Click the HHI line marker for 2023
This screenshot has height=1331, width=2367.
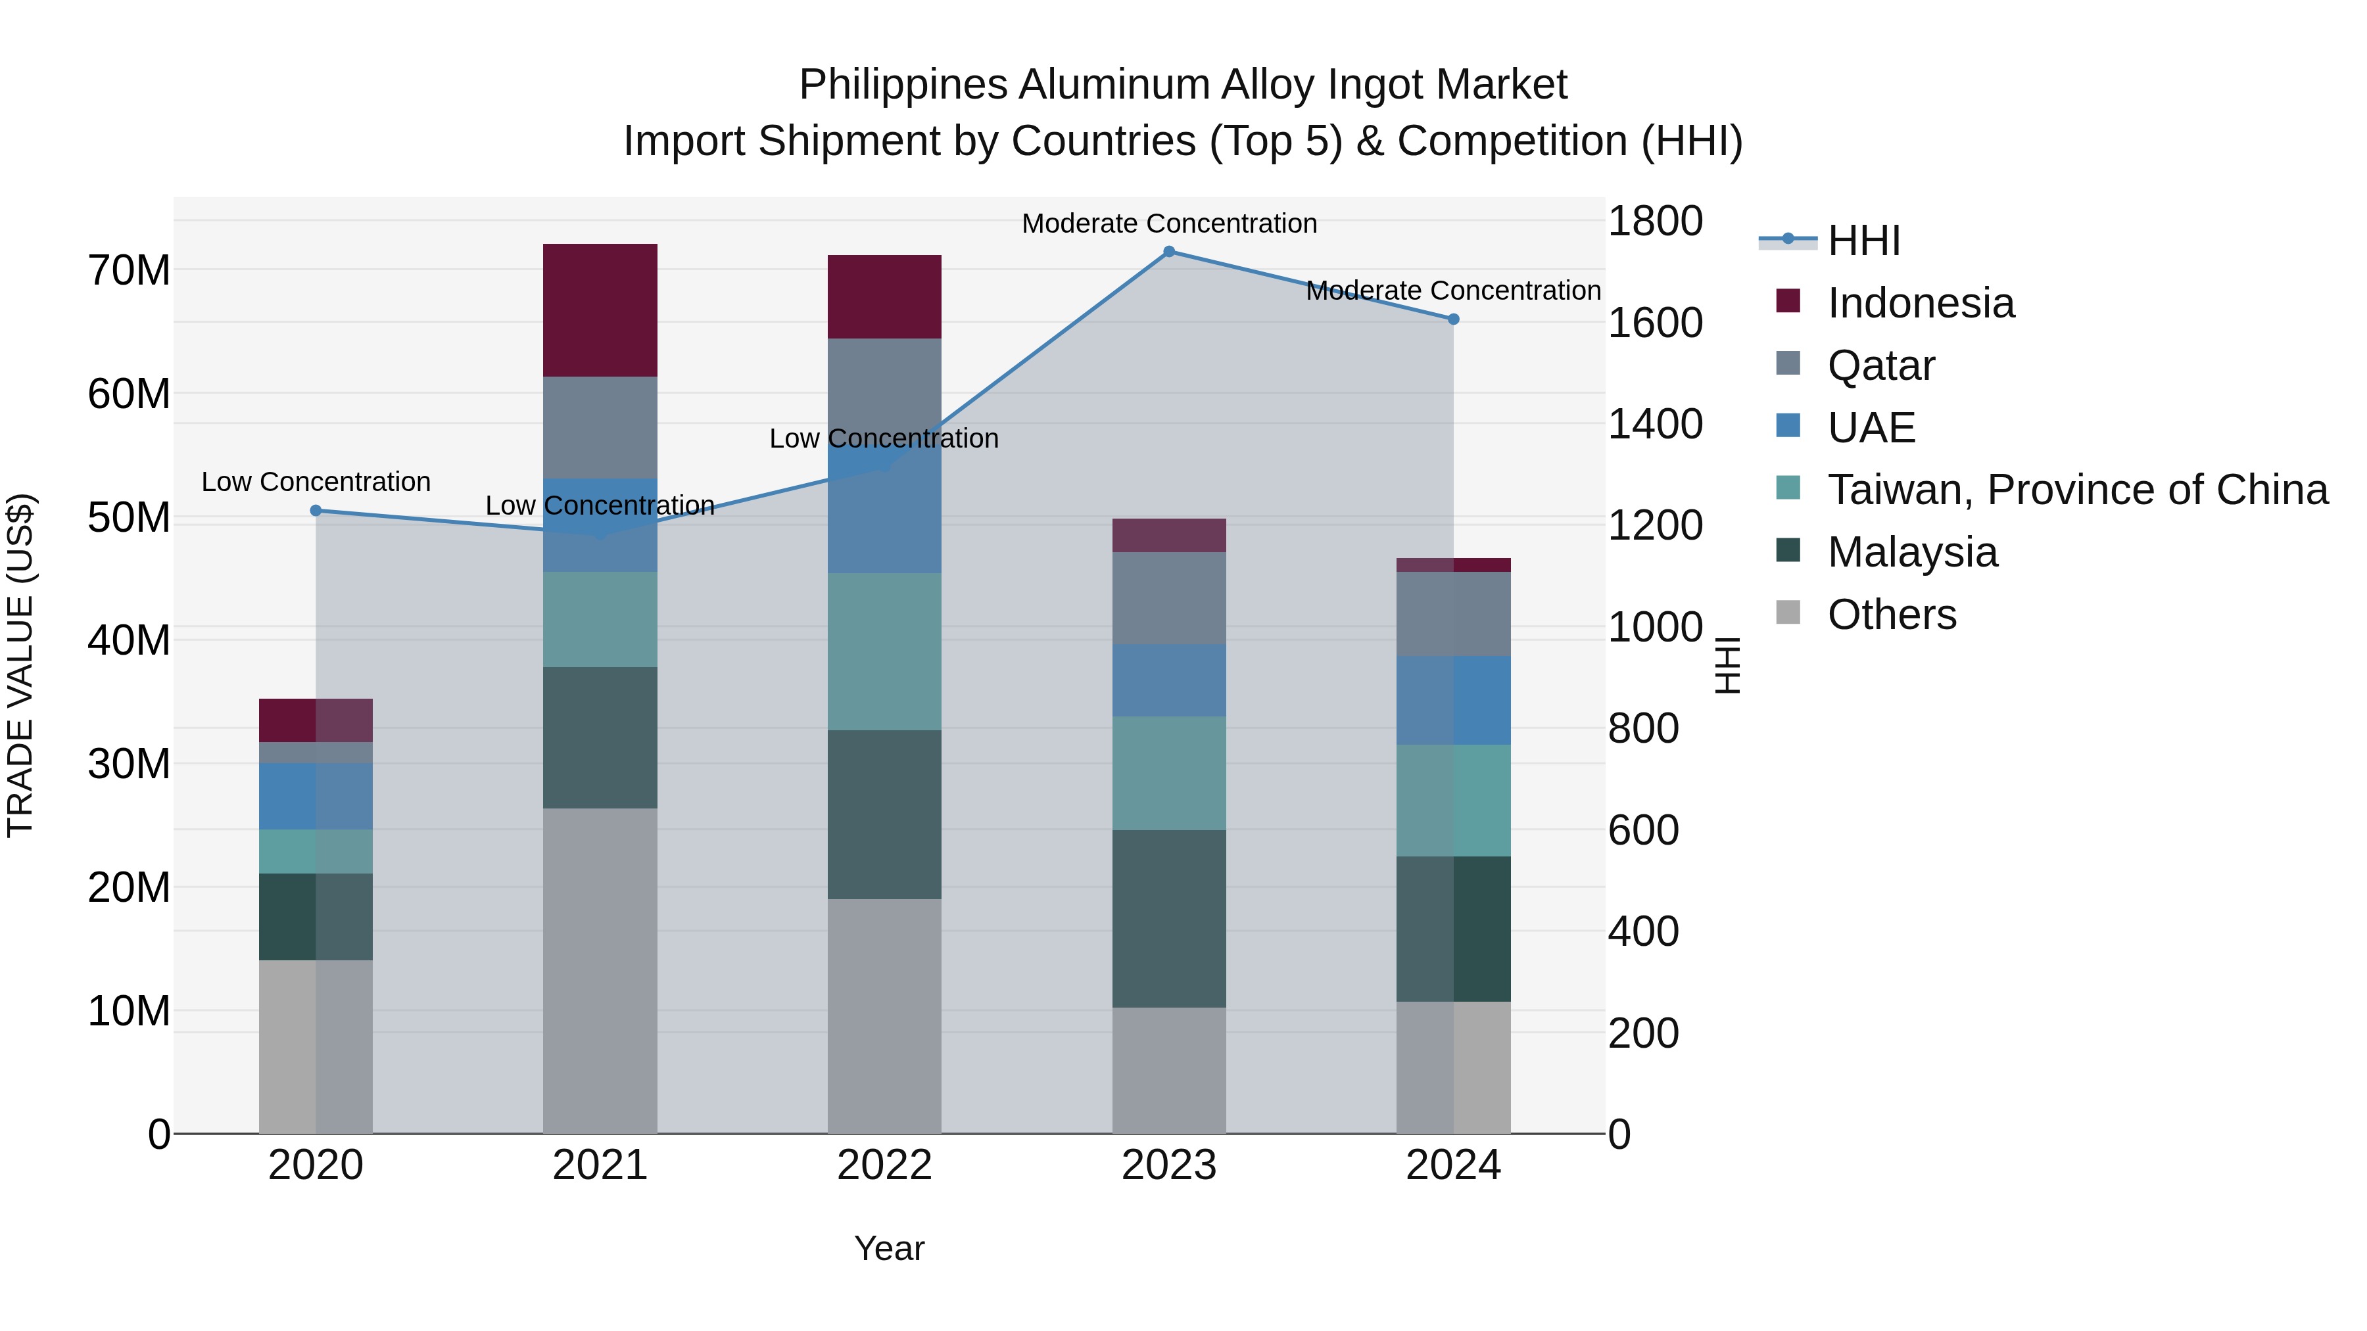(1169, 252)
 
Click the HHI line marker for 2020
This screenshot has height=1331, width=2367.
(316, 511)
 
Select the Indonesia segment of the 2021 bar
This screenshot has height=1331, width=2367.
(600, 310)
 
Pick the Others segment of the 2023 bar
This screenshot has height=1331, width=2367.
(1169, 1070)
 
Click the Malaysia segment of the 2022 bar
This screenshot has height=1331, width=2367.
(884, 815)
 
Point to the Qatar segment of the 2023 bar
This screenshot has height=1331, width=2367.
(1169, 598)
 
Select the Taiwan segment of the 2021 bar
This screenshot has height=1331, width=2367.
(600, 620)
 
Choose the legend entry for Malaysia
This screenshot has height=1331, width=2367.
(1912, 552)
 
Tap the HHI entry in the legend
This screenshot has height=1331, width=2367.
(1863, 241)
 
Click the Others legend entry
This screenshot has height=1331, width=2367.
(1892, 615)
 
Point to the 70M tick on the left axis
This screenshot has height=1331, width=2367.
(129, 271)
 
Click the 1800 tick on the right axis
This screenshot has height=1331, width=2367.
(1655, 222)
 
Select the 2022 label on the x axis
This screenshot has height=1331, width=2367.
(884, 1165)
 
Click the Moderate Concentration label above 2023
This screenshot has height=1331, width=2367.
(1169, 223)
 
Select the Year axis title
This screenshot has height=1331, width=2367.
(888, 1248)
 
